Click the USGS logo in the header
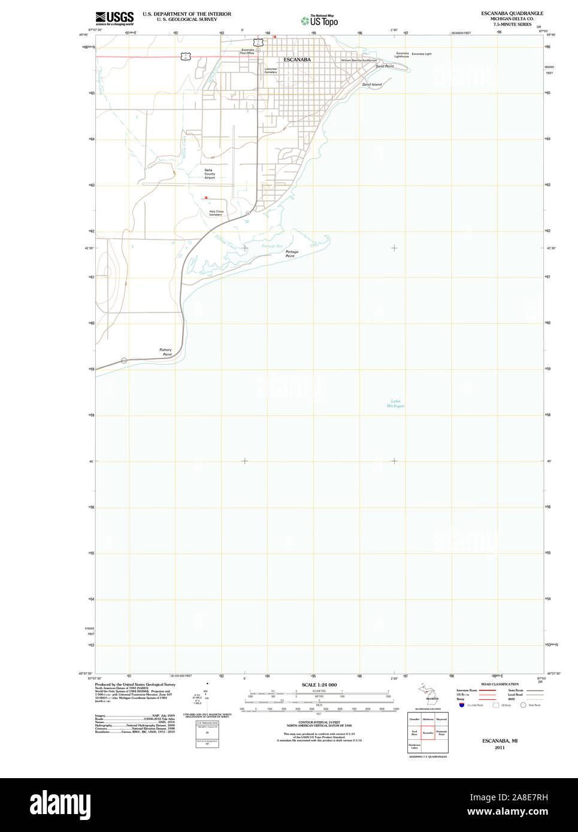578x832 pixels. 114,17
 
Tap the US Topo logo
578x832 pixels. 320,21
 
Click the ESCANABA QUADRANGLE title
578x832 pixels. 512,13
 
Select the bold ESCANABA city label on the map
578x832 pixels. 297,60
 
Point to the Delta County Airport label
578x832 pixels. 210,174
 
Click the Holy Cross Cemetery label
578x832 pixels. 216,213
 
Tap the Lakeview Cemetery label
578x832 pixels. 271,71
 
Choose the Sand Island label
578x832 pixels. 371,85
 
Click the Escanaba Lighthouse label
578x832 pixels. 402,54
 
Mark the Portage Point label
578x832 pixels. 292,254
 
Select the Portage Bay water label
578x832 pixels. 272,246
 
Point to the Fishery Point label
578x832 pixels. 166,352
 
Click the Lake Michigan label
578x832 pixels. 395,403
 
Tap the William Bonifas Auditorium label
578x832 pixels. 359,60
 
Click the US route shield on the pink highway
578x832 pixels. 186,56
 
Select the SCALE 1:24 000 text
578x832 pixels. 319,685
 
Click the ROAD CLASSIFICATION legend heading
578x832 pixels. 500,684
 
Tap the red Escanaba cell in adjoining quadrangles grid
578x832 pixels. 428,733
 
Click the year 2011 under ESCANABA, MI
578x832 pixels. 500,748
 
